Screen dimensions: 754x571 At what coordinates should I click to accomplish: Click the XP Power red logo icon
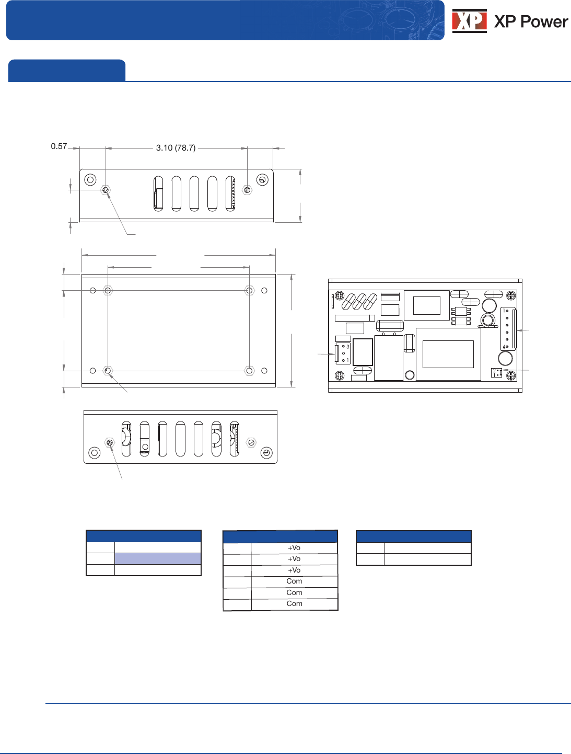[469, 21]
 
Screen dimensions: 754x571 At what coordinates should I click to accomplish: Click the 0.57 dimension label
[59, 146]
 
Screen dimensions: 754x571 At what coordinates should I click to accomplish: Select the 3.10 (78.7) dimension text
[176, 148]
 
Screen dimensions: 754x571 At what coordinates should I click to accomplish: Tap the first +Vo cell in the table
[294, 548]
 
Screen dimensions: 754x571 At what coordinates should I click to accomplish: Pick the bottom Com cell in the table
[294, 604]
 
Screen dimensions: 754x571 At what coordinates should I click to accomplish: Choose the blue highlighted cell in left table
[157, 558]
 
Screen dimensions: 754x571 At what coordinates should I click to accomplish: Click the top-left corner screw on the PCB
[340, 296]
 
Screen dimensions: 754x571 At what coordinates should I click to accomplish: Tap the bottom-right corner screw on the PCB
[511, 375]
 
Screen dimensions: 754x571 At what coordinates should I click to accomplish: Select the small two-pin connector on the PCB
[496, 373]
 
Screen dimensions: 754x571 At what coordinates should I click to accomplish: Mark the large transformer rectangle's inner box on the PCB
[448, 354]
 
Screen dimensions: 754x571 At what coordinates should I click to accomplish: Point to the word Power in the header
[544, 21]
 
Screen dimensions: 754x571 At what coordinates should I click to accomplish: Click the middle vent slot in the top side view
[194, 193]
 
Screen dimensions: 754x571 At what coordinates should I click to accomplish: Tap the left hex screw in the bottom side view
[110, 442]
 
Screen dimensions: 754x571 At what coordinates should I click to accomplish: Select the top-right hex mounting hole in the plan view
[249, 290]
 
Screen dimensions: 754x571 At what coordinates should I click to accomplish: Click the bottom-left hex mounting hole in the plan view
[108, 371]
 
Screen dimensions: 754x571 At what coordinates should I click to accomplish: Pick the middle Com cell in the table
[294, 592]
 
